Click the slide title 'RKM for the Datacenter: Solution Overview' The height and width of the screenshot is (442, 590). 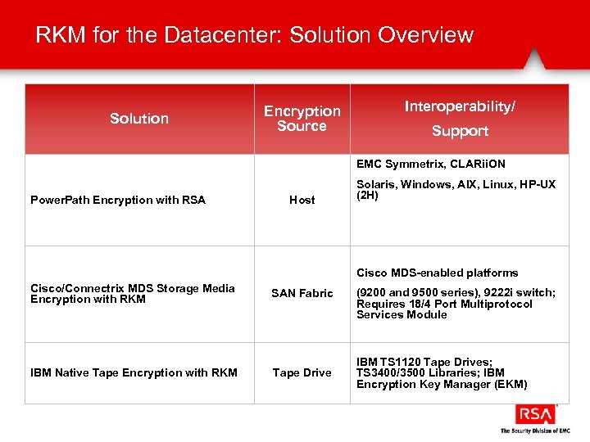pyautogui.click(x=254, y=35)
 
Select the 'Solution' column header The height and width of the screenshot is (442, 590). pyautogui.click(x=139, y=119)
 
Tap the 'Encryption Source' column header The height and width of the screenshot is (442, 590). pyautogui.click(x=302, y=119)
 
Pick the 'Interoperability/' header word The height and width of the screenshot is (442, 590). pyautogui.click(x=459, y=107)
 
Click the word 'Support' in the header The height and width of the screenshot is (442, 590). pyautogui.click(x=460, y=131)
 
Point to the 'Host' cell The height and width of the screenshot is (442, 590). pyautogui.click(x=302, y=200)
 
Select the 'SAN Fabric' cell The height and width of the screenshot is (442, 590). pyautogui.click(x=302, y=293)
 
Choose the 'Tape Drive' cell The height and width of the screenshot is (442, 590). pyautogui.click(x=302, y=372)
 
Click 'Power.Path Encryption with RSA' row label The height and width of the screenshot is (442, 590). pyautogui.click(x=118, y=200)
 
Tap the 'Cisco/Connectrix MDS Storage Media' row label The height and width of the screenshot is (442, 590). pyautogui.click(x=133, y=288)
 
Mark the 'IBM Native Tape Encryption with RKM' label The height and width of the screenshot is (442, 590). pyautogui.click(x=134, y=372)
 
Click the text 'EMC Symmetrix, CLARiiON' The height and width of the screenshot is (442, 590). pyautogui.click(x=430, y=165)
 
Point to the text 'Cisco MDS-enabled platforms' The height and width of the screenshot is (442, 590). pyautogui.click(x=437, y=273)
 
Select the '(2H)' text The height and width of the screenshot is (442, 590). pyautogui.click(x=367, y=196)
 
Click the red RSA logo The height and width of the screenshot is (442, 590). pyautogui.click(x=534, y=414)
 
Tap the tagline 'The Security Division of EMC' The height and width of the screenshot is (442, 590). pyautogui.click(x=534, y=431)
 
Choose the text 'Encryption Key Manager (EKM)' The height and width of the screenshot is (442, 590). pyautogui.click(x=442, y=385)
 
